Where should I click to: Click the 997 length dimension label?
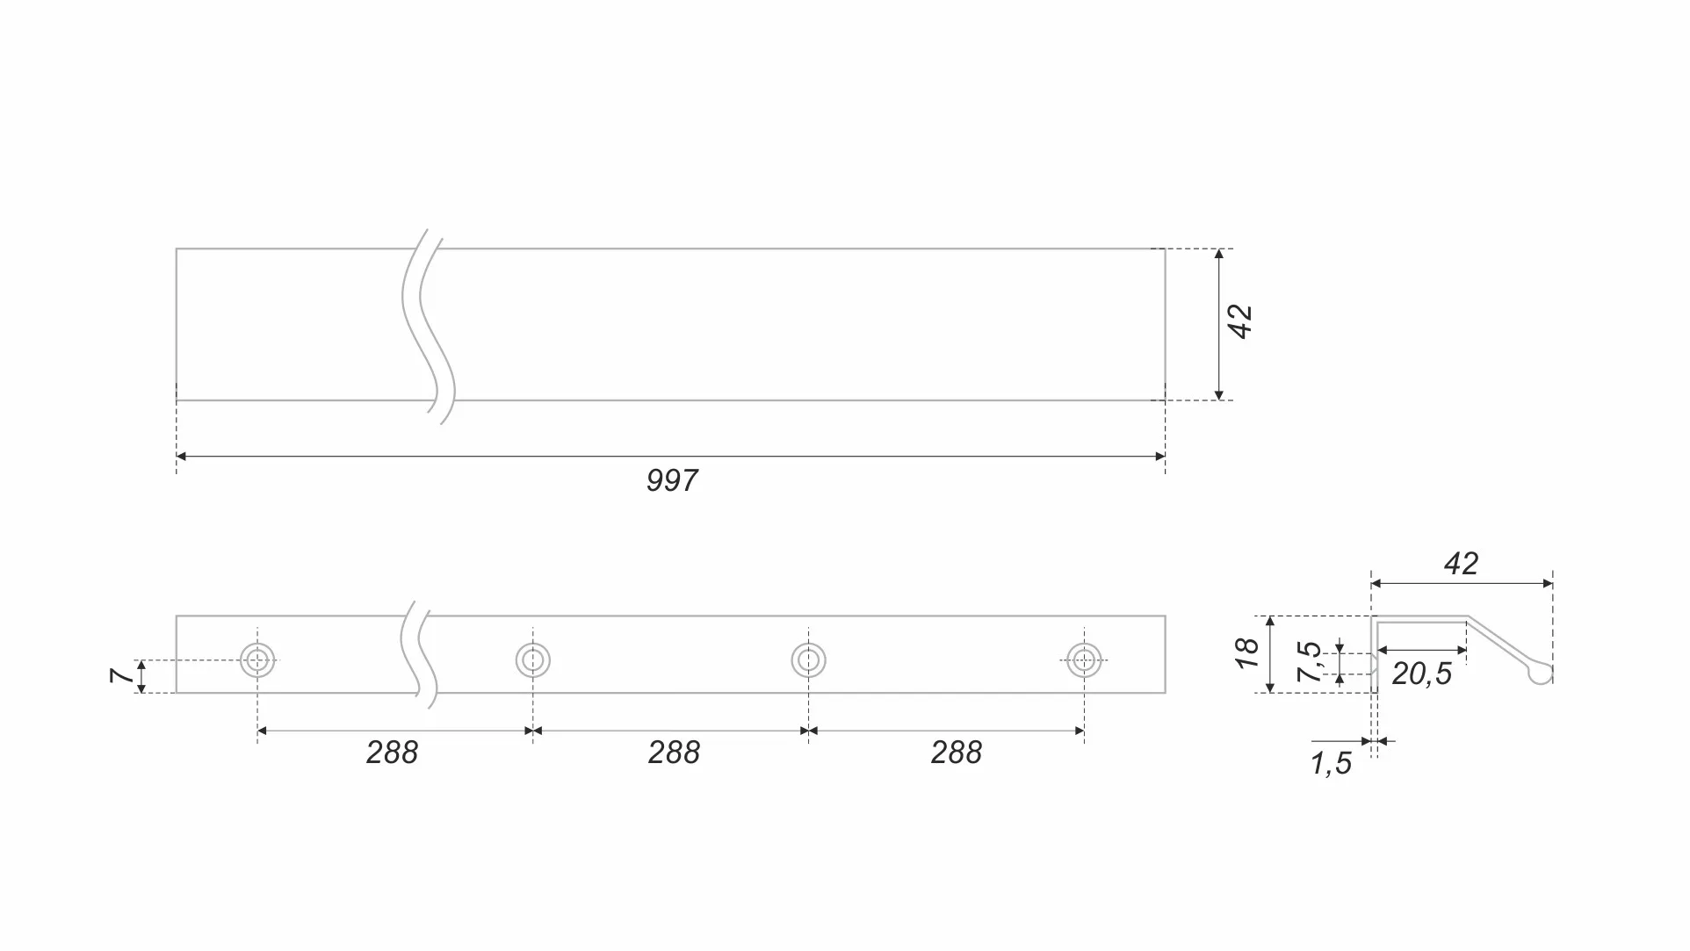tap(672, 480)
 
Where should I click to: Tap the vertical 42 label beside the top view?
tap(1240, 321)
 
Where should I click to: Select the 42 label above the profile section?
tap(1461, 564)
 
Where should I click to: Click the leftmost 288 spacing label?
tap(392, 753)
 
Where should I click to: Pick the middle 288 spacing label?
tap(674, 753)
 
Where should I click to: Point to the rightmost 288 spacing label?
tap(957, 753)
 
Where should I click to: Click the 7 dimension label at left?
tap(122, 675)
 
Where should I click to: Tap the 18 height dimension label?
tap(1247, 653)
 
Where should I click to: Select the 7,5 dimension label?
tap(1309, 662)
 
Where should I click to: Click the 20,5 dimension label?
tap(1421, 674)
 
